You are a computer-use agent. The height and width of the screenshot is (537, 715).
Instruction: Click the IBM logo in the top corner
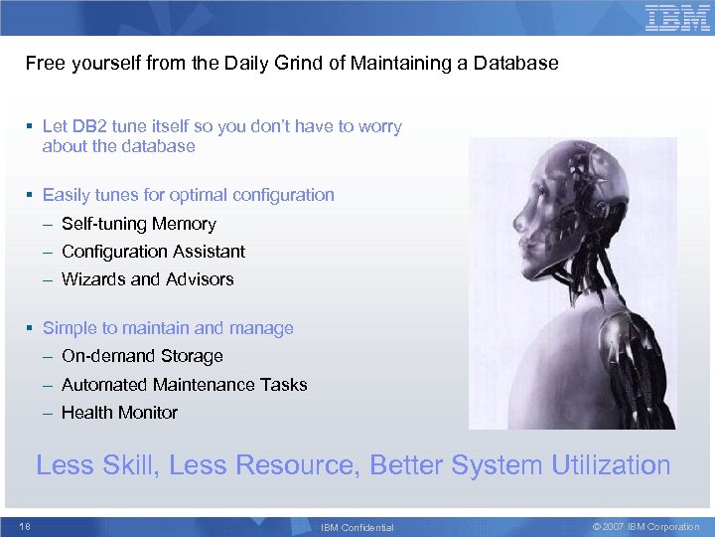click(x=677, y=18)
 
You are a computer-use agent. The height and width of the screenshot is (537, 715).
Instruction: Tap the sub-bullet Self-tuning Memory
click(x=138, y=224)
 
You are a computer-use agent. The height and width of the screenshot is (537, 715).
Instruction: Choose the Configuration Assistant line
click(x=153, y=252)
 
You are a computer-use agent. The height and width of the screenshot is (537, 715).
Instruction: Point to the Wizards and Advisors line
click(x=147, y=279)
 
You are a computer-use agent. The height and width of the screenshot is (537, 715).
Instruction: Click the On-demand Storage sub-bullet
click(x=142, y=356)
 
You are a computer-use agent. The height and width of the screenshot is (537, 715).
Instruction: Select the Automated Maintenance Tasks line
click(x=184, y=385)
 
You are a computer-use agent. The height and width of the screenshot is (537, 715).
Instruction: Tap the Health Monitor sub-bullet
click(x=119, y=413)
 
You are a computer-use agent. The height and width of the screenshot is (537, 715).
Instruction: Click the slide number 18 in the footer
click(x=26, y=527)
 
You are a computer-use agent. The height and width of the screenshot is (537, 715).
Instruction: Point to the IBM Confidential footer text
click(x=357, y=528)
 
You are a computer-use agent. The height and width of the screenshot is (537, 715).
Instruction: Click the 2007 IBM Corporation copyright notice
click(x=645, y=527)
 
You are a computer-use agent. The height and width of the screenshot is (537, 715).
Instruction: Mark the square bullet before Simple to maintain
click(x=32, y=328)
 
